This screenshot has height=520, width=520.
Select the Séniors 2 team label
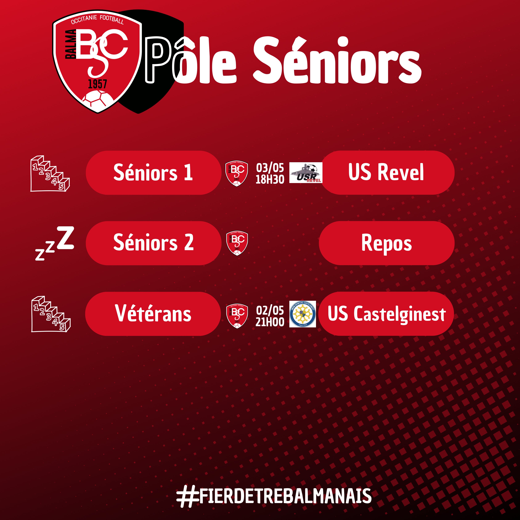[x=153, y=243]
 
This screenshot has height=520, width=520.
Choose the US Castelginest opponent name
[x=387, y=314]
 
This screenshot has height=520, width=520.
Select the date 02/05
[x=270, y=310]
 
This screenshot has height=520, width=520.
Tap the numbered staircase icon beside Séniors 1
[x=50, y=174]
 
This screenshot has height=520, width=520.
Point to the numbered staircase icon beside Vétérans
[x=51, y=314]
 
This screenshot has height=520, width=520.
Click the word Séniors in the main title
[x=337, y=61]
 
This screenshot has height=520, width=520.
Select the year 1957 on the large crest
[x=97, y=84]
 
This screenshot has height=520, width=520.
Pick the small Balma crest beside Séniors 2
[x=237, y=243]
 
